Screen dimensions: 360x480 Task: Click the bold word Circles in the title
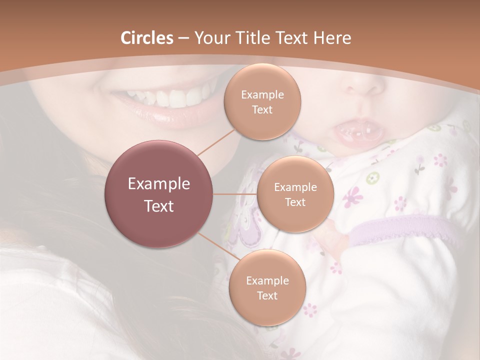pos(146,38)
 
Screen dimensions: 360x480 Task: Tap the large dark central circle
pos(158,194)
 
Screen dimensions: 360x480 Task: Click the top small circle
pos(262,101)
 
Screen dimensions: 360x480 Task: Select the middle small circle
pos(295,194)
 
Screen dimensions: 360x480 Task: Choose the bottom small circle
pos(267,287)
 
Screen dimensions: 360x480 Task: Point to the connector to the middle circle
pos(235,194)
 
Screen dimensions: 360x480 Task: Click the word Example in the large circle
pos(158,183)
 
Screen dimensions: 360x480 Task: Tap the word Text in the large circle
pos(158,205)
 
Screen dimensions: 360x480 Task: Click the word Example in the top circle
pos(262,94)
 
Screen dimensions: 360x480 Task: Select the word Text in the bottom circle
pos(267,295)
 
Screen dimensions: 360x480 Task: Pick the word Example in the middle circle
pos(295,187)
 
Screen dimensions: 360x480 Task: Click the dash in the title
pos(183,38)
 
